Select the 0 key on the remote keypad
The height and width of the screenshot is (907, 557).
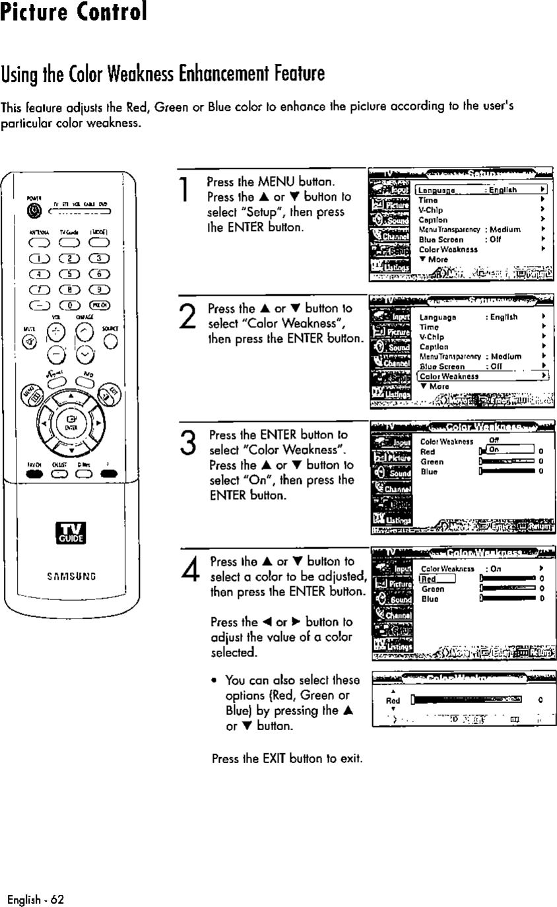(69, 304)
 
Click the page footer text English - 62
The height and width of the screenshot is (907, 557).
(36, 898)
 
